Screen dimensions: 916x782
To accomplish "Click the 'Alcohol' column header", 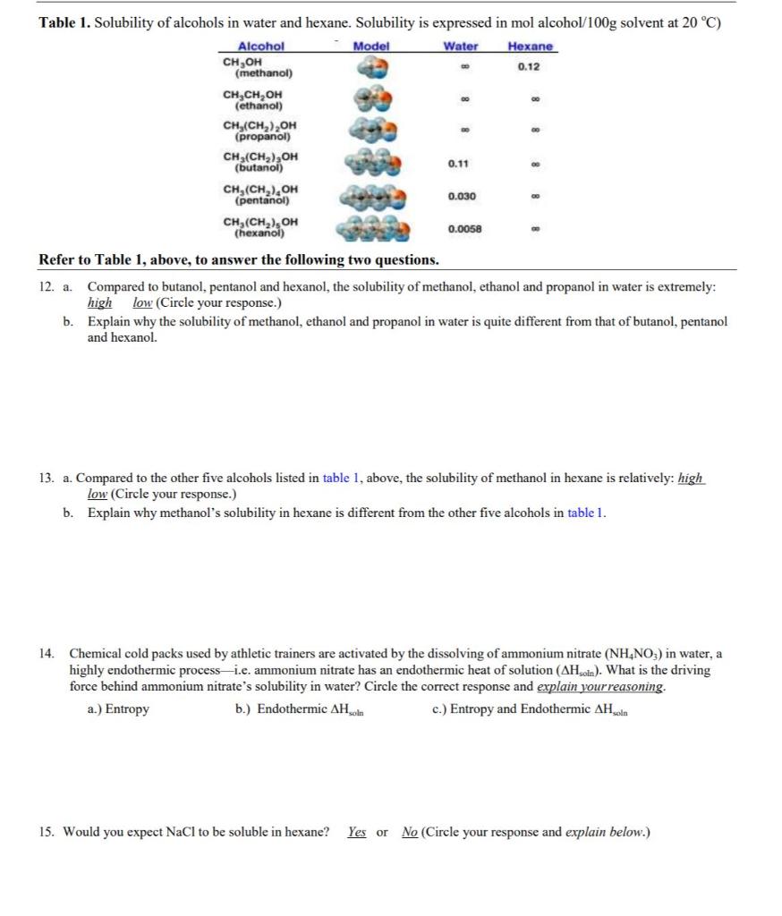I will tap(260, 47).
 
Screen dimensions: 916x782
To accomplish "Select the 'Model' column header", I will tap(370, 47).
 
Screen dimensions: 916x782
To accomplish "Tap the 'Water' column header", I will tap(461, 47).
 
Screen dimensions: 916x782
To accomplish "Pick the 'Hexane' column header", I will tap(530, 47).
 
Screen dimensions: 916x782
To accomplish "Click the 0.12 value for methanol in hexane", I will tap(530, 67).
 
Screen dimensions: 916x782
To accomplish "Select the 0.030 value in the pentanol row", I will tap(462, 196).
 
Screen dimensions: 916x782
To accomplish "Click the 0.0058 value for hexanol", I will tap(464, 228).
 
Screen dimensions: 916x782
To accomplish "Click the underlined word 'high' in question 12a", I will tap(99, 303).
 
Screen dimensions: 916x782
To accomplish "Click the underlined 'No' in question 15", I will tap(410, 832).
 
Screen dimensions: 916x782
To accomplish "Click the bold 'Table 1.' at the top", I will tap(65, 22).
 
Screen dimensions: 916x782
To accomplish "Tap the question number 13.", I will tap(47, 479).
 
